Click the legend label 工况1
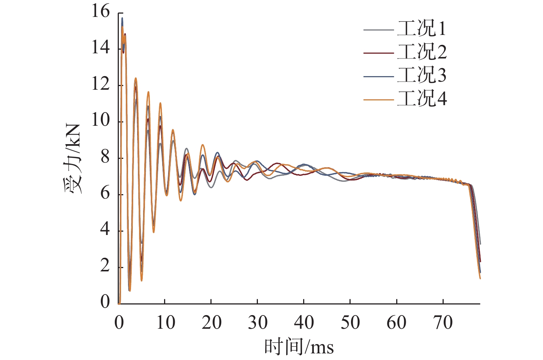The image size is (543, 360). [x=422, y=29]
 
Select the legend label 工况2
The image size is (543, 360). [x=422, y=52]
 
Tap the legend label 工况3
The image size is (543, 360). [x=422, y=75]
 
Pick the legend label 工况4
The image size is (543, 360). [x=422, y=99]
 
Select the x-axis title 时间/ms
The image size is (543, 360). [x=299, y=346]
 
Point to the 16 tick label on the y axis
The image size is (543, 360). [x=100, y=12]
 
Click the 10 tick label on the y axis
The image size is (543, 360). [x=100, y=121]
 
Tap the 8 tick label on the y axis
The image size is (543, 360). [x=105, y=157]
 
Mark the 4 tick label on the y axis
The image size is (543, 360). [x=105, y=230]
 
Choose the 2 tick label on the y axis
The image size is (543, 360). [x=105, y=266]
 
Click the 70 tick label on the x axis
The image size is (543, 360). [x=443, y=323]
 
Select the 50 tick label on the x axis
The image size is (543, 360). [x=350, y=323]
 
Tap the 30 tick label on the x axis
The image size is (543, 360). [x=257, y=323]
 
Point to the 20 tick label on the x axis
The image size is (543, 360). [x=211, y=323]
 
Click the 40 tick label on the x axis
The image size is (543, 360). [x=304, y=323]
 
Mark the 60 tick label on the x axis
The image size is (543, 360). [x=396, y=323]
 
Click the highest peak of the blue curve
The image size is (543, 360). [x=122, y=18]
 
